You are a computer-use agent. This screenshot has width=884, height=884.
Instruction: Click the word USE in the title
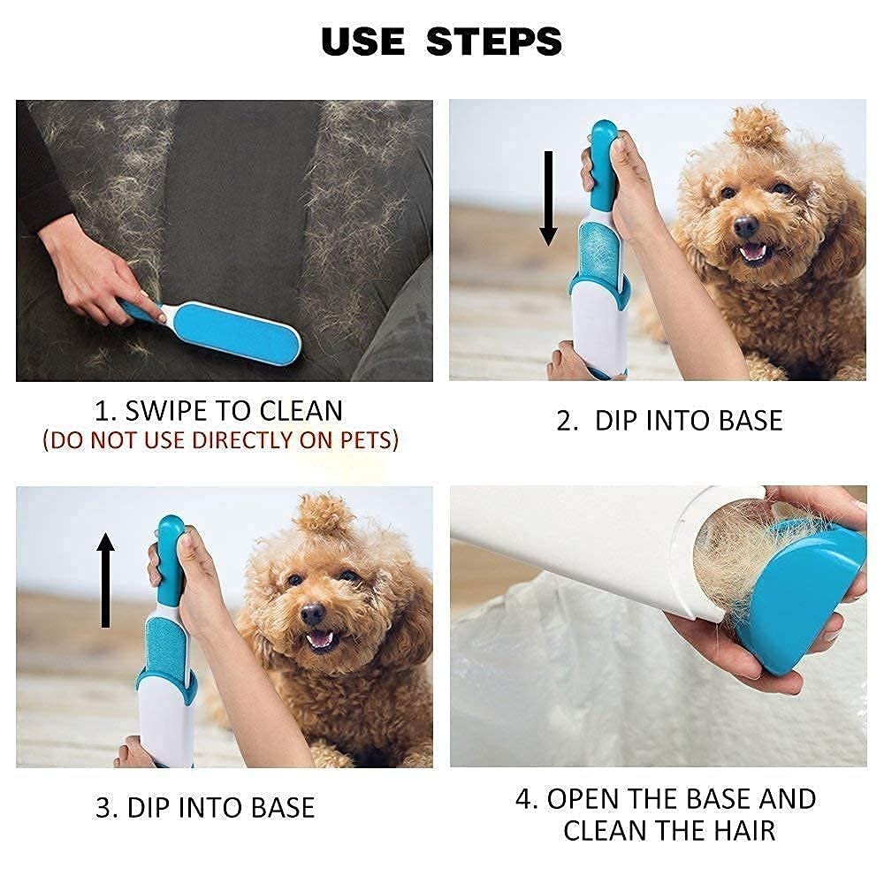362,42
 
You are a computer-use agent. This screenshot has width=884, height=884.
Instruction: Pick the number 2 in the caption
566,421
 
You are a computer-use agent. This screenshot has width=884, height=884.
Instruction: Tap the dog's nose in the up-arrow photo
312,613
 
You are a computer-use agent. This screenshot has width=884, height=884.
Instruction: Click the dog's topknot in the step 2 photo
757,128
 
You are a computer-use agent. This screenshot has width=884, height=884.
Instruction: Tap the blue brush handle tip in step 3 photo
171,530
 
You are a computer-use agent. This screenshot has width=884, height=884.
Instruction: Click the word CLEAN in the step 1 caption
301,410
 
